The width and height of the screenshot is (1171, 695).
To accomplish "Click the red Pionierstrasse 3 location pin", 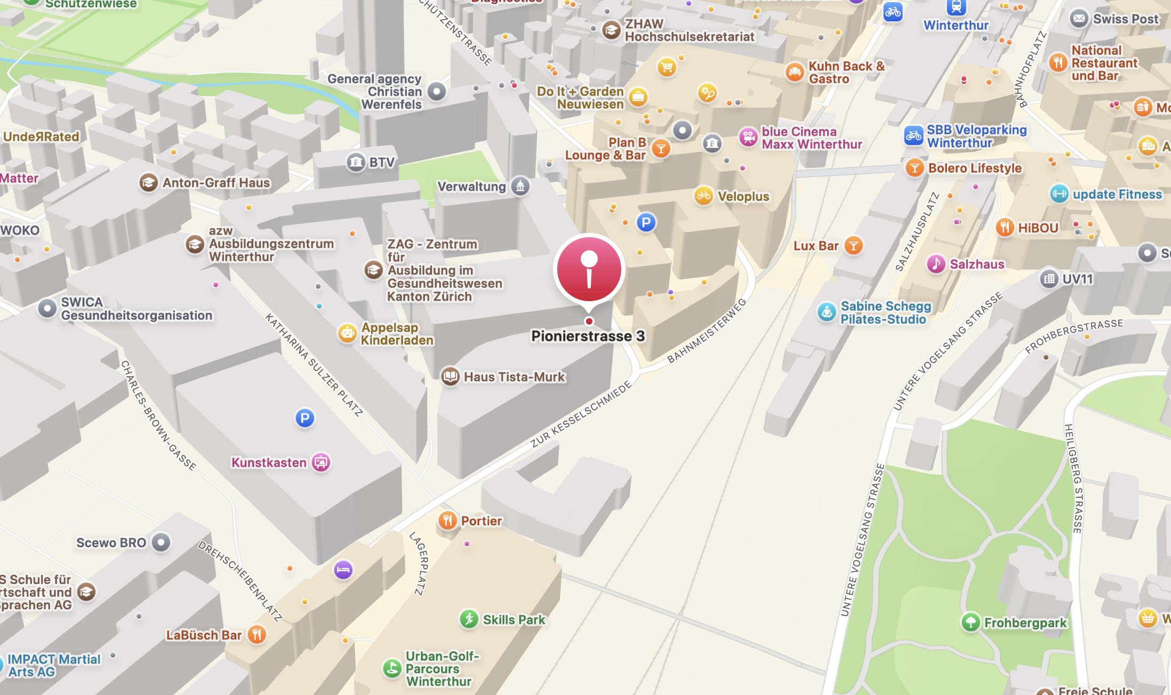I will point(589,270).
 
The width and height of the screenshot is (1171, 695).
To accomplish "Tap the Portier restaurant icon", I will point(447,520).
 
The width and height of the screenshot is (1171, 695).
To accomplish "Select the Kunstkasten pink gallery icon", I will point(321,462).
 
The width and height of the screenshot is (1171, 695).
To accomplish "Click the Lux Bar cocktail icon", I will point(853,246).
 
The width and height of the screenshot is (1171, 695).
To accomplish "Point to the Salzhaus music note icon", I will point(936,264).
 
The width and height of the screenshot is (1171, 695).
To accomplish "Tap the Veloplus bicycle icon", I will point(703,196).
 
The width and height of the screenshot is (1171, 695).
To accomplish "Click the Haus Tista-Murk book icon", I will point(450,376).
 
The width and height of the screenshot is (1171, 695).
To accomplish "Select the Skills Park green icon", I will point(469,619).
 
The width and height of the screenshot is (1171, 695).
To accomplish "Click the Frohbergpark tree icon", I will point(971,621).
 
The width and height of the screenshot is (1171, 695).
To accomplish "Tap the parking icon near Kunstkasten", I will point(304,418).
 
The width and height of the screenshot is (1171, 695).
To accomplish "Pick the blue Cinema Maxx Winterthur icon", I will point(748,137).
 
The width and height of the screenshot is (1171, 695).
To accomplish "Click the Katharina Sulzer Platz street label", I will point(314,365).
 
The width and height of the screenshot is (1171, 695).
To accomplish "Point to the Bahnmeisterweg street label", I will point(707,331).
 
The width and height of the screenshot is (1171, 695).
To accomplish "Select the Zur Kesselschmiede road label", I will point(581,414).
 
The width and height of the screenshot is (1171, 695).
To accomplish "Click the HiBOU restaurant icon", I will point(1005,228).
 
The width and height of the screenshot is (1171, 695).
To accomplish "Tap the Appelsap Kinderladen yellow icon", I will point(347,334).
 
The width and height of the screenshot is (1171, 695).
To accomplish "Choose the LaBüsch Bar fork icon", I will point(257,634).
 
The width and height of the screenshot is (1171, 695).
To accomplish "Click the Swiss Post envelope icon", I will point(1079,19).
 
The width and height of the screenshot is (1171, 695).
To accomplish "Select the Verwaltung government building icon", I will point(520,186).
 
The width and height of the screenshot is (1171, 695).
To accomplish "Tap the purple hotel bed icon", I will point(343,570).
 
